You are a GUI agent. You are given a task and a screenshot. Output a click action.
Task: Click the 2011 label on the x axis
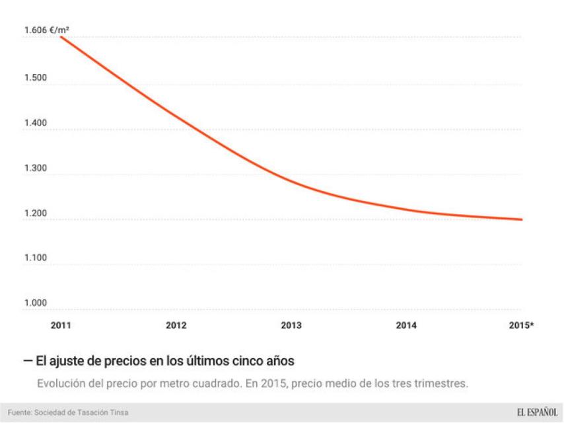point(61,325)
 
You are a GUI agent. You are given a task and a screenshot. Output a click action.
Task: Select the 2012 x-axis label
point(176,325)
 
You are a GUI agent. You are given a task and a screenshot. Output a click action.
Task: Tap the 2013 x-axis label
point(291,325)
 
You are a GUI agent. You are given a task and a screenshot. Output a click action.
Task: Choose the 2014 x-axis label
point(406,325)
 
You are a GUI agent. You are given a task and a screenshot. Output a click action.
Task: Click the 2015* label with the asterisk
point(522,325)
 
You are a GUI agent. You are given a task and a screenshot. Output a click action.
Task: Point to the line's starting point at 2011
point(61,37)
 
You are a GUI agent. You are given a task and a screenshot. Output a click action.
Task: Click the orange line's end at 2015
point(522,219)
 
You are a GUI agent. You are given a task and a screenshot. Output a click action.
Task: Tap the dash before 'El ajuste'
point(27,362)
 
